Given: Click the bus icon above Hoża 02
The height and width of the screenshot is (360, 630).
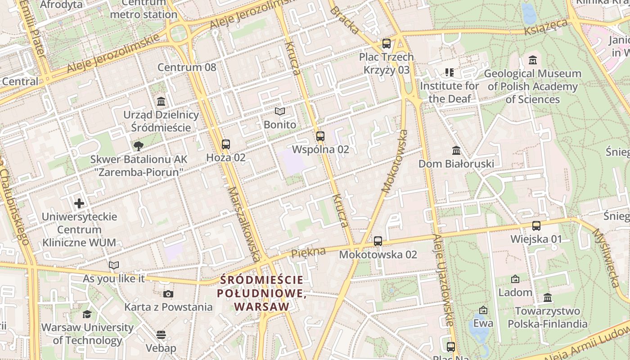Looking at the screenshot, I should point(226,144).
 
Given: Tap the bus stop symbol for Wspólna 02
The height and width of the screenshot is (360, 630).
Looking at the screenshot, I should point(320,136).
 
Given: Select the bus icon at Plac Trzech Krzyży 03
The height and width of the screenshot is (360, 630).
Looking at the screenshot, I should point(387,44).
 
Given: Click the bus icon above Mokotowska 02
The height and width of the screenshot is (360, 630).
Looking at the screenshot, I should point(378,241).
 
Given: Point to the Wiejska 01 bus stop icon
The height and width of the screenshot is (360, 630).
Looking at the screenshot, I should point(536,226).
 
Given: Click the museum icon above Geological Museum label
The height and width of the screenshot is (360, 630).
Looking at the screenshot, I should point(533,60).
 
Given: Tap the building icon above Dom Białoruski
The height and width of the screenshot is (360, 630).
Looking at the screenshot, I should point(456,150).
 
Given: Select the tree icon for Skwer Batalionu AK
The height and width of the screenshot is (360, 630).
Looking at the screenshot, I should point(138,145).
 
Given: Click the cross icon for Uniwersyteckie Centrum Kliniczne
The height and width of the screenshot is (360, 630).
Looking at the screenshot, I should point(79,203).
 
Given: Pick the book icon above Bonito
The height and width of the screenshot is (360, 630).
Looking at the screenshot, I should point(280,111).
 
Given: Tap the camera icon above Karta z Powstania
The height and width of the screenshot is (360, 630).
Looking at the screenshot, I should point(168,294).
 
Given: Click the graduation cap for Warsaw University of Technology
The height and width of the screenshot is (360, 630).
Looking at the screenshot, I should point(87,314).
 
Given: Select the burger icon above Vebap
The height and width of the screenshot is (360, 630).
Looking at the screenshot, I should point(161,335).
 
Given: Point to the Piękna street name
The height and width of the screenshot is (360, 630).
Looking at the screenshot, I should point(308,252).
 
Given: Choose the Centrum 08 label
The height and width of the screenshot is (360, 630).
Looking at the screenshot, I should point(187,67).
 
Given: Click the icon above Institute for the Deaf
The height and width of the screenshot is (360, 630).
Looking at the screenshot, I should point(449,72).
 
